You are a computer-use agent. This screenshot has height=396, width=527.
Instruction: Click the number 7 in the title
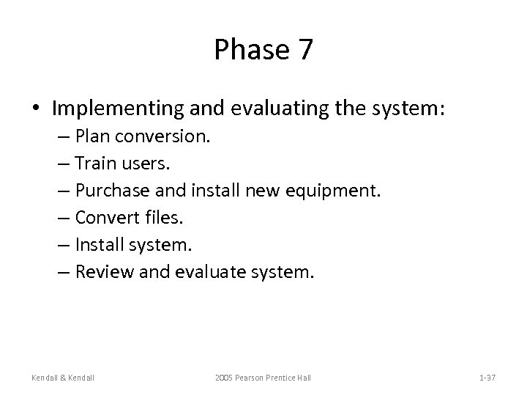[x=304, y=50]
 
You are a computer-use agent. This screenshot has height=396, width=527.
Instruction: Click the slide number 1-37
[x=487, y=377]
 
